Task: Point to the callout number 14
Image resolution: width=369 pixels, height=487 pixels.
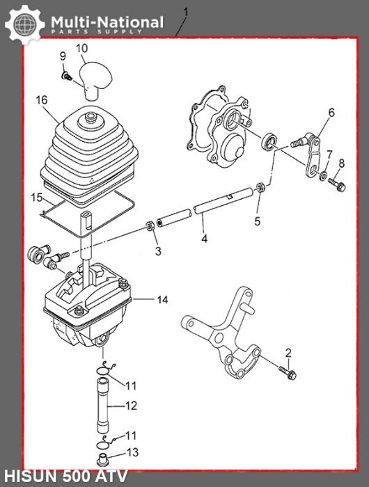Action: point(162,300)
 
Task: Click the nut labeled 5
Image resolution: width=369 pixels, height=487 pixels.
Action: point(258,187)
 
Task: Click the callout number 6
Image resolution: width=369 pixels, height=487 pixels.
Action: point(331,112)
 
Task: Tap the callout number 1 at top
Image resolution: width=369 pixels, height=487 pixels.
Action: point(184,11)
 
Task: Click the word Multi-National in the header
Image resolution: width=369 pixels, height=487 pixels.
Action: point(107,22)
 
